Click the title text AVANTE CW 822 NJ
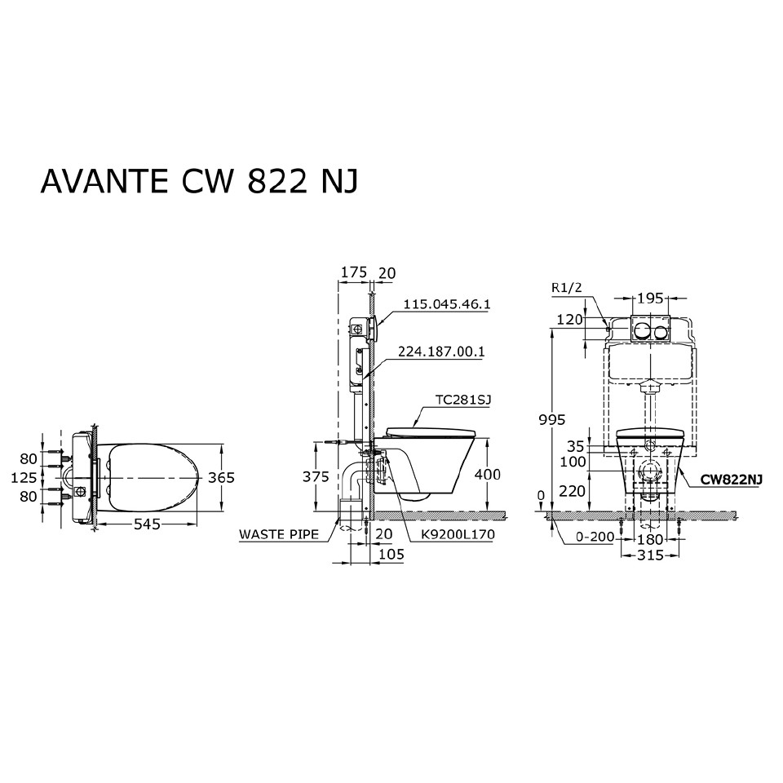(199, 181)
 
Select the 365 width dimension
(219, 477)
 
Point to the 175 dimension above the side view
(352, 273)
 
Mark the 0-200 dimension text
(594, 538)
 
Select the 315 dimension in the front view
(650, 555)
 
